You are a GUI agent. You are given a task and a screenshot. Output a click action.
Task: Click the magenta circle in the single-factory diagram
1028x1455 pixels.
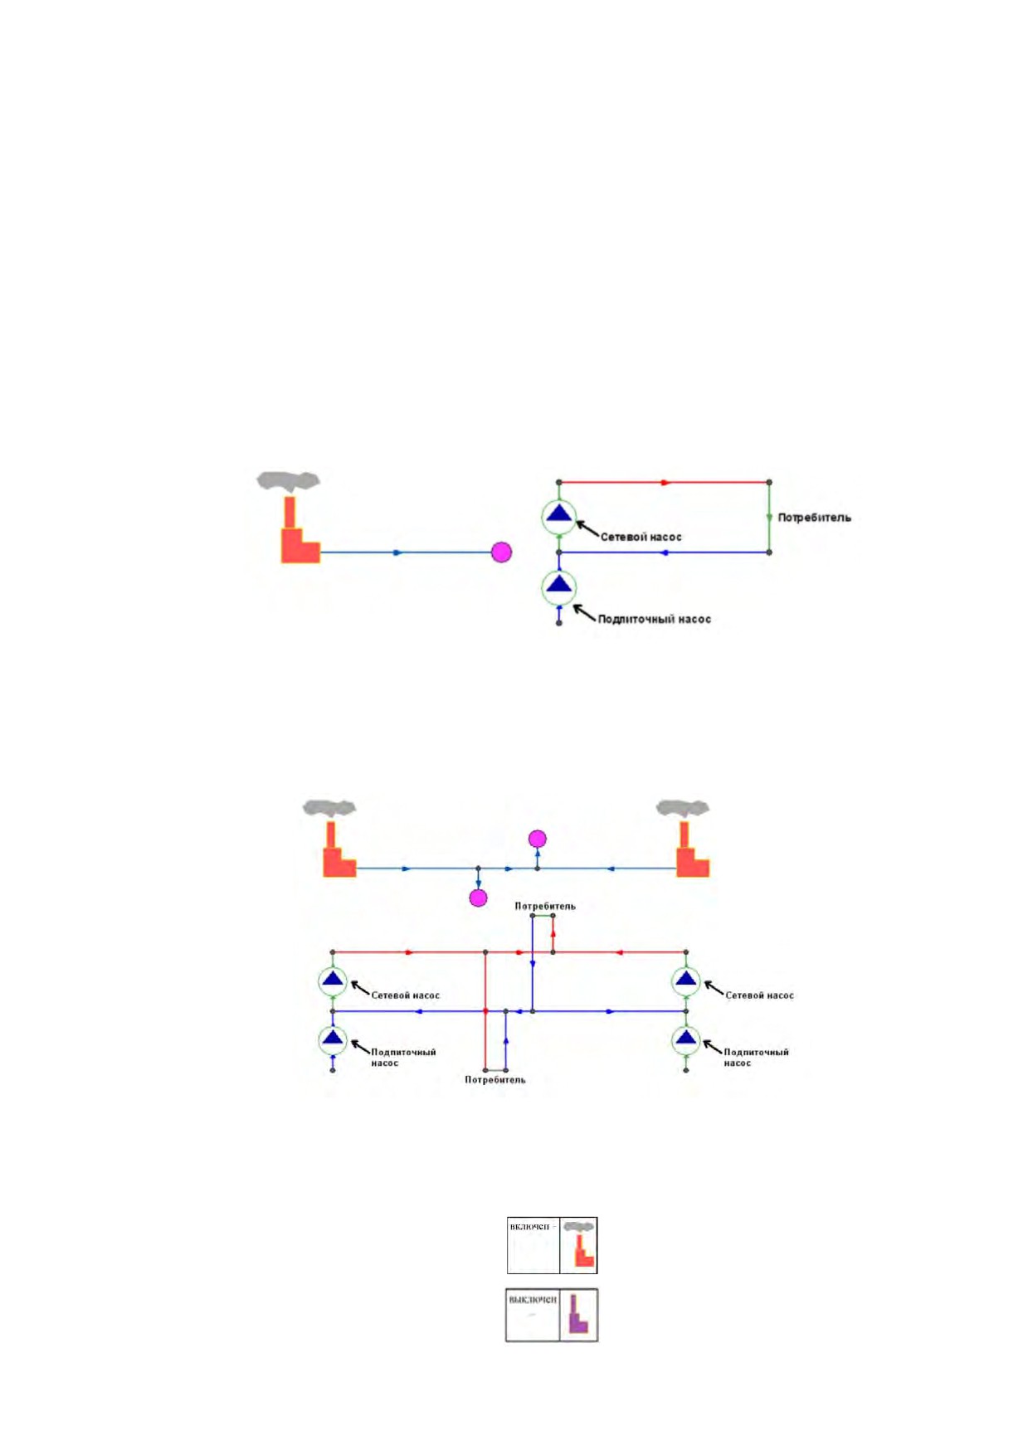(501, 552)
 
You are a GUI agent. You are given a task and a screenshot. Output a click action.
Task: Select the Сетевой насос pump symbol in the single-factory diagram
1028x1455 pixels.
(559, 516)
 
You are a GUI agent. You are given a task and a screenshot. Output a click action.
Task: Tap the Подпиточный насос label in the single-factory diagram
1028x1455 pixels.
(654, 619)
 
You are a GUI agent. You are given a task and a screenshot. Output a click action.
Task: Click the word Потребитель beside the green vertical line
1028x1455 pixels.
(814, 518)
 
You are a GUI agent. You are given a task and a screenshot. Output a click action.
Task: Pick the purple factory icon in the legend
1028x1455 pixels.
(578, 1314)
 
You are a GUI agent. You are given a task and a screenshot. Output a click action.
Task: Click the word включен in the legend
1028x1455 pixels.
(529, 1227)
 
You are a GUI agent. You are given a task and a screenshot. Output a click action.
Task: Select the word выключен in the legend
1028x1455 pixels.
(532, 1299)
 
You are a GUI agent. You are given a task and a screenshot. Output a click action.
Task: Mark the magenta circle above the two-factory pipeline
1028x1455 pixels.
(538, 839)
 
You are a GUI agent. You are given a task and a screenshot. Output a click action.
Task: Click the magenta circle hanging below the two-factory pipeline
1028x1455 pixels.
(478, 898)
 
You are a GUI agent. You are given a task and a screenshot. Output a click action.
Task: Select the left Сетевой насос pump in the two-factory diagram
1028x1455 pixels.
(333, 981)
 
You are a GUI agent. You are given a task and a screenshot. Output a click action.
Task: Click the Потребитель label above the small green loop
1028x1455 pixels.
(545, 906)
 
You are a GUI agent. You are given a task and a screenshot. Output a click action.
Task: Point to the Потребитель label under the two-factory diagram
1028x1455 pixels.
(495, 1080)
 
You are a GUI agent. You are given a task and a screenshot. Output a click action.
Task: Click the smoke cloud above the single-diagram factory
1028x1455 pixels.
(288, 480)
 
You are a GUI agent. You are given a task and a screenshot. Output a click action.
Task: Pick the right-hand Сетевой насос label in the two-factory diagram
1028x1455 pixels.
(759, 995)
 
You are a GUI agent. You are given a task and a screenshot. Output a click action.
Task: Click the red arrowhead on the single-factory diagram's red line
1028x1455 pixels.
(664, 482)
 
